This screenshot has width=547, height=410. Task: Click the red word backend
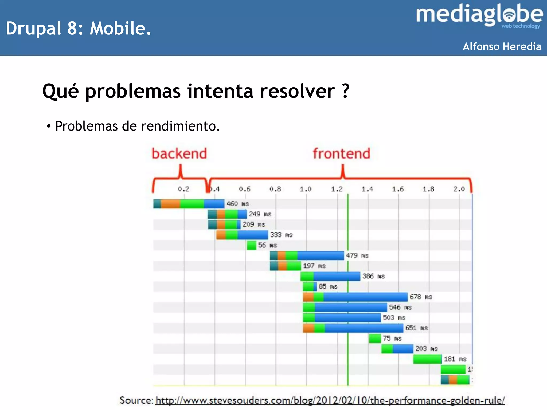click(179, 154)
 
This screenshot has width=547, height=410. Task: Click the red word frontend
click(341, 154)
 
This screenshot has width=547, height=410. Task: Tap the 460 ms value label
click(237, 204)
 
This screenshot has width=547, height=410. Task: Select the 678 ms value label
click(421, 297)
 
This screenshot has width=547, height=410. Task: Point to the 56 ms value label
click(267, 245)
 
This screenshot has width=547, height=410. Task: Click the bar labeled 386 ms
click(330, 276)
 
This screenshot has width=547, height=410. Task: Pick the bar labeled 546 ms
click(345, 307)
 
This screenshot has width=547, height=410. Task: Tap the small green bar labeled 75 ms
click(375, 338)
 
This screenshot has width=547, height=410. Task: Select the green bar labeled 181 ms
click(427, 359)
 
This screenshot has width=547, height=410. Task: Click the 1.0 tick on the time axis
click(306, 189)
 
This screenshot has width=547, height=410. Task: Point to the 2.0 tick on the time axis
click(459, 189)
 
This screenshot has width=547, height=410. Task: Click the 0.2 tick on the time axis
click(183, 189)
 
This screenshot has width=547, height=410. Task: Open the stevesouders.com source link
click(330, 400)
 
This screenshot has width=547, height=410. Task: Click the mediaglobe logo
click(479, 15)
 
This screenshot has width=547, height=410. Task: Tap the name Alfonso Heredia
click(502, 46)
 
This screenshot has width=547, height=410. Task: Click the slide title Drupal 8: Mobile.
click(79, 28)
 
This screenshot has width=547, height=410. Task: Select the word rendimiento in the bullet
click(180, 126)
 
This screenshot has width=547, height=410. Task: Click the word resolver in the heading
click(297, 91)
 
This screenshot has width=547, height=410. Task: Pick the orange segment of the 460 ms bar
click(170, 204)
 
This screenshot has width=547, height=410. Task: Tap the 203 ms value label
click(426, 349)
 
